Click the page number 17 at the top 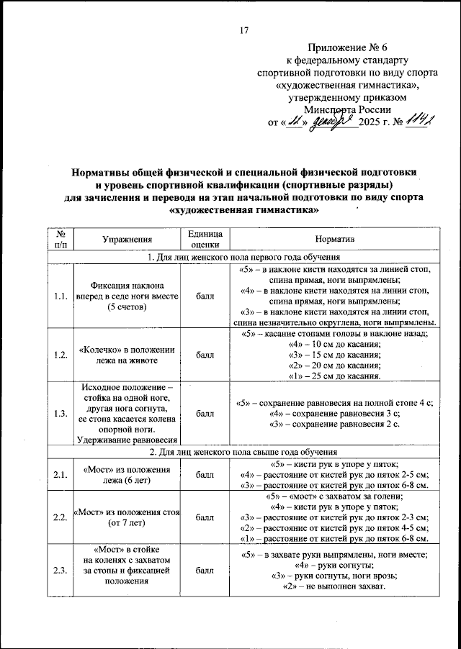pyautogui.click(x=243, y=29)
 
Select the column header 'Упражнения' pyautogui.click(x=127, y=239)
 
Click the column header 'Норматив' pyautogui.click(x=334, y=239)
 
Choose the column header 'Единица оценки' pyautogui.click(x=205, y=239)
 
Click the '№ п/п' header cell pyautogui.click(x=60, y=239)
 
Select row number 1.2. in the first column pyautogui.click(x=60, y=355)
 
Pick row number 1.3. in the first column pyautogui.click(x=60, y=414)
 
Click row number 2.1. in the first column pyautogui.click(x=60, y=474)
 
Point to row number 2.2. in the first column pyautogui.click(x=60, y=517)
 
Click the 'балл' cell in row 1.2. pyautogui.click(x=205, y=355)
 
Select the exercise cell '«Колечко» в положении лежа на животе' pyautogui.click(x=127, y=355)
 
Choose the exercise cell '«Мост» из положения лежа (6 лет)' pyautogui.click(x=127, y=474)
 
